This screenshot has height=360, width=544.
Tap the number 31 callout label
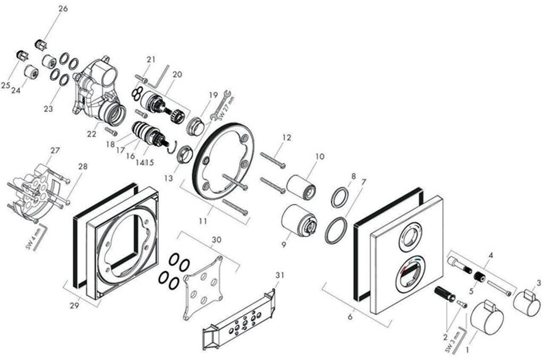pyautogui.click(x=280, y=275)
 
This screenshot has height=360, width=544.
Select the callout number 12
pyautogui.click(x=287, y=138)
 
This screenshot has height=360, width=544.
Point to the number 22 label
pyautogui.click(x=92, y=134)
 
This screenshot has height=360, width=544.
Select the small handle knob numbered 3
pyautogui.click(x=526, y=303)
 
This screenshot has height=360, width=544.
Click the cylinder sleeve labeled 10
pyautogui.click(x=302, y=186)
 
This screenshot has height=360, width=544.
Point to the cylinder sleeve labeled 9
pyautogui.click(x=299, y=220)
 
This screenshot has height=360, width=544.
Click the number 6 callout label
pyautogui.click(x=350, y=317)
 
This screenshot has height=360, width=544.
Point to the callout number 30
pyautogui.click(x=216, y=239)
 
